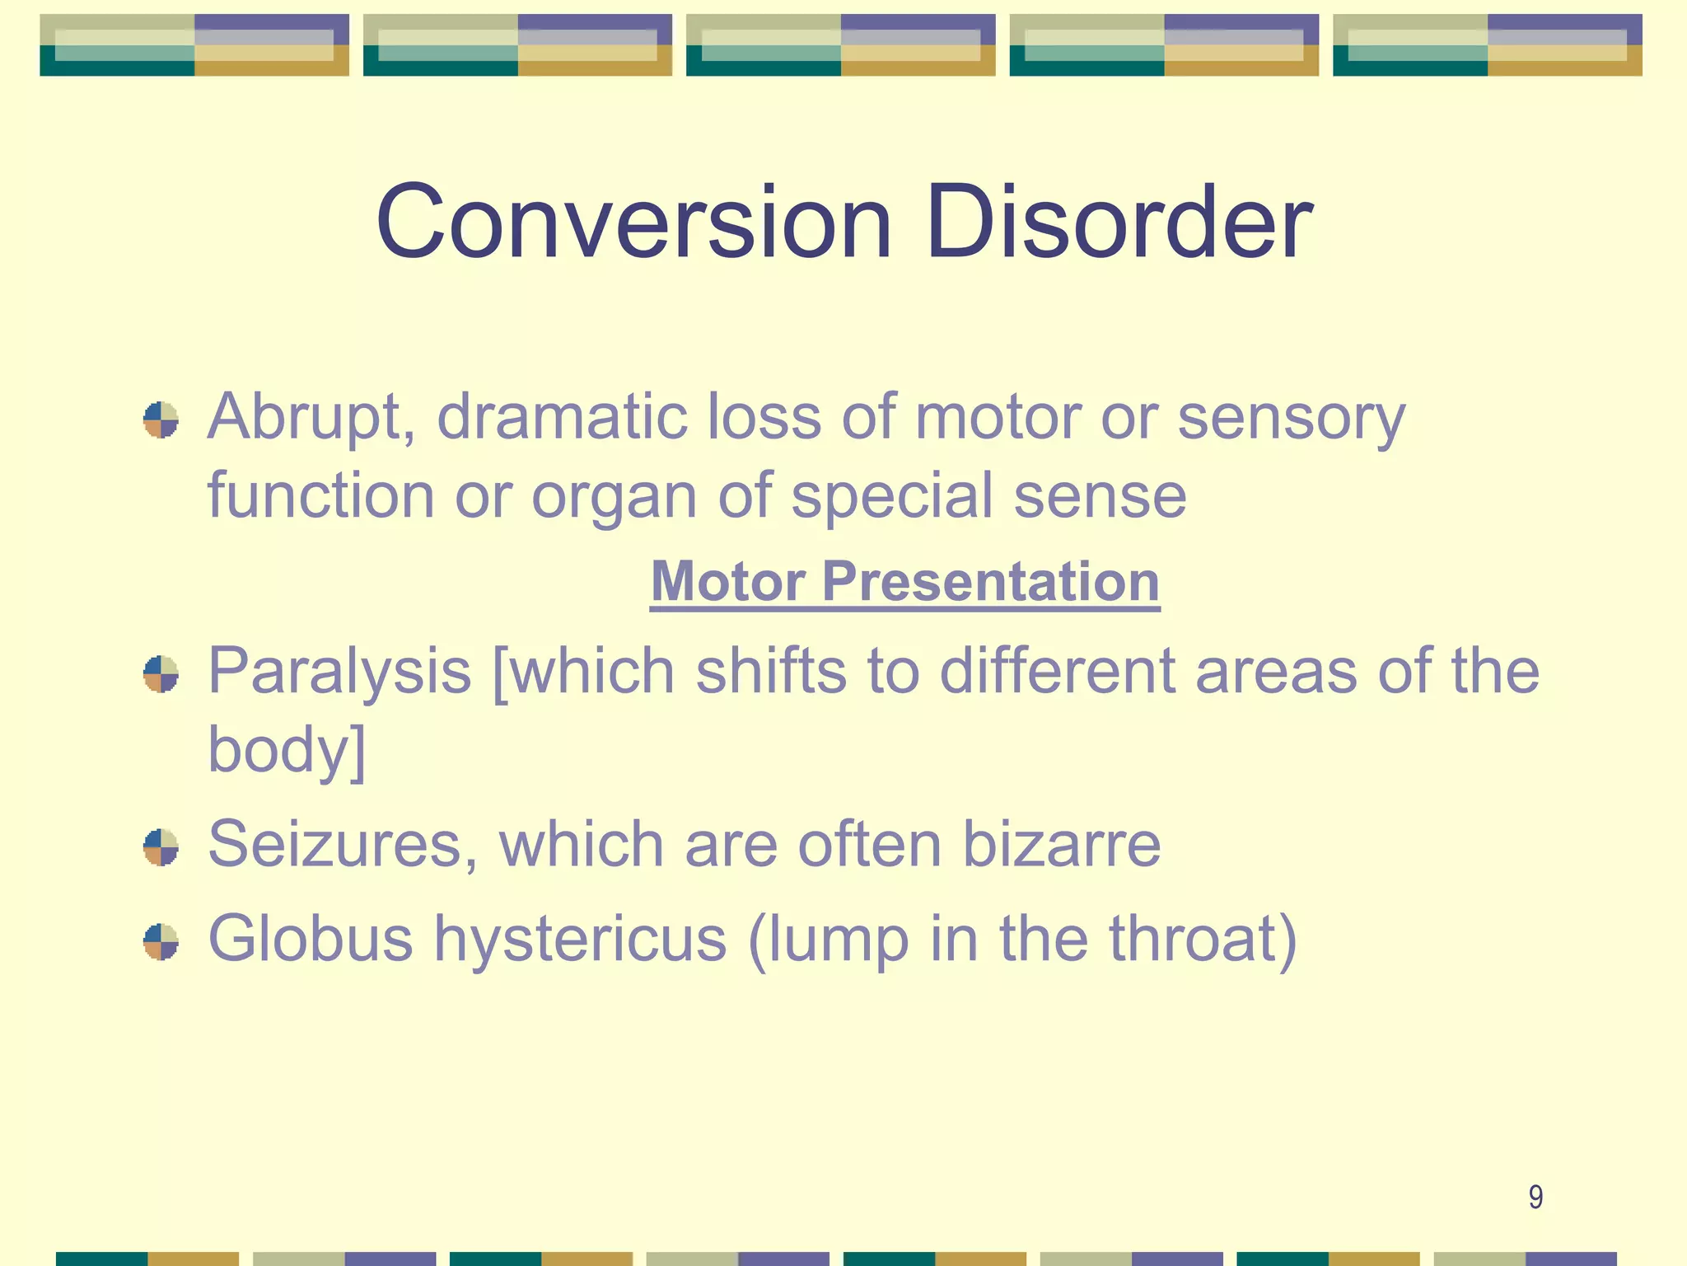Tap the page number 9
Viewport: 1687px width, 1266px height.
point(1535,1197)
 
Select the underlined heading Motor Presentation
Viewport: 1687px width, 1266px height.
point(904,582)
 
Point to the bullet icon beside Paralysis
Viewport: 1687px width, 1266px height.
point(161,674)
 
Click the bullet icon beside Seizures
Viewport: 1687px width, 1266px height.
point(161,847)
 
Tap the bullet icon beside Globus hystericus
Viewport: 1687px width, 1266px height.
point(161,942)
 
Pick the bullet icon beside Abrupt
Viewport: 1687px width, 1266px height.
point(161,420)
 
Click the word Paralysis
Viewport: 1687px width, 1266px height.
point(339,673)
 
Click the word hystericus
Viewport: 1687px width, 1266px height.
point(581,940)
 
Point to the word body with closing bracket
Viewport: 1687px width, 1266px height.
point(286,750)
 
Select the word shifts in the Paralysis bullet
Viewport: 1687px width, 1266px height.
point(771,671)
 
